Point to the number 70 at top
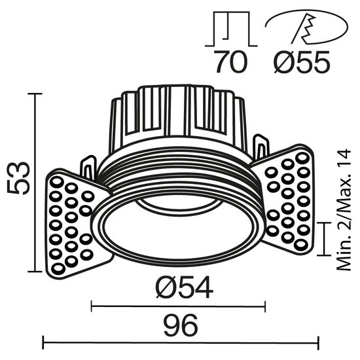229,63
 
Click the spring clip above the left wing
86,167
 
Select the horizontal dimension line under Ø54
177,304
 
